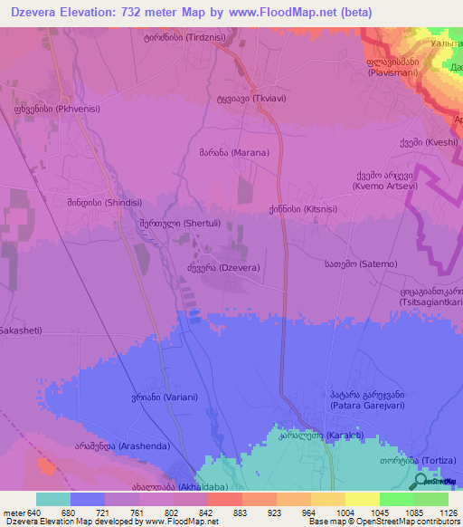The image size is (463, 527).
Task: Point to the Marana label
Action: tap(233, 153)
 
